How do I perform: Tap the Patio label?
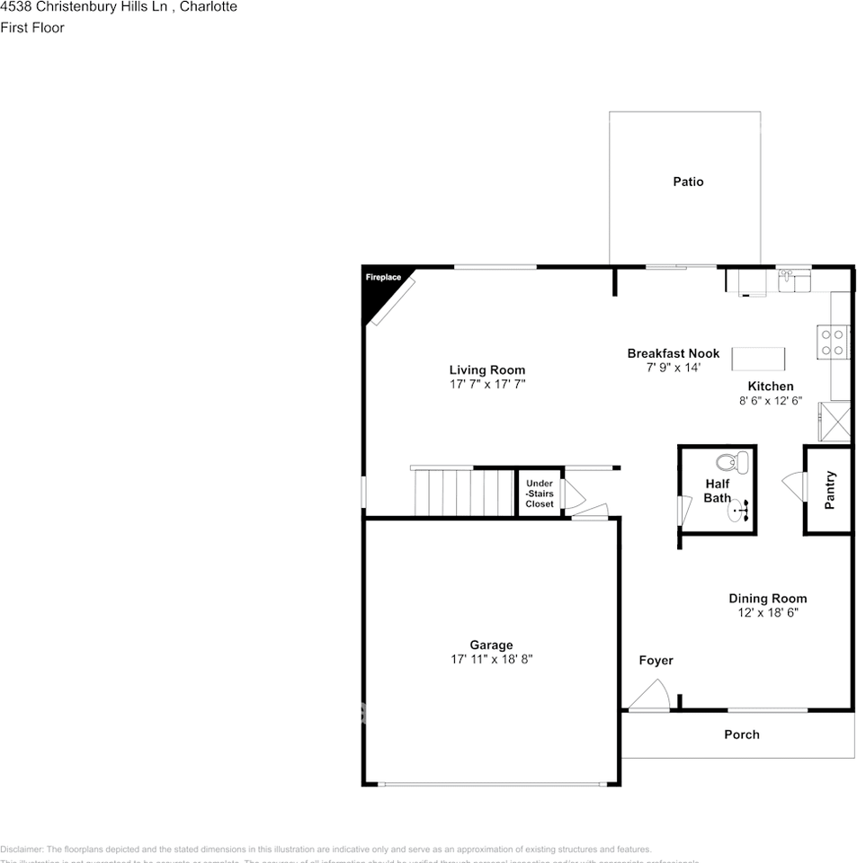pos(688,182)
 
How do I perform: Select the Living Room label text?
pos(487,369)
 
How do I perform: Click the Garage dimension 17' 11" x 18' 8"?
pos(492,659)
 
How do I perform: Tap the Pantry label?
pos(830,490)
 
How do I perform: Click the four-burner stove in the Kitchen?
pos(832,341)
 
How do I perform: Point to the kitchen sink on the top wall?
pos(794,280)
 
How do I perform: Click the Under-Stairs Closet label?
pos(540,494)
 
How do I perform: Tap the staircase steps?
pos(463,492)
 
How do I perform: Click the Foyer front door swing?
pos(648,696)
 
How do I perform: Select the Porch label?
pos(742,734)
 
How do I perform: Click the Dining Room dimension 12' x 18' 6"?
pos(767,613)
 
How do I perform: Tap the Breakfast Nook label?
pos(673,353)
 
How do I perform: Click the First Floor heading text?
pos(32,28)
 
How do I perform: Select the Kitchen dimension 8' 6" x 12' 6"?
pos(770,402)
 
